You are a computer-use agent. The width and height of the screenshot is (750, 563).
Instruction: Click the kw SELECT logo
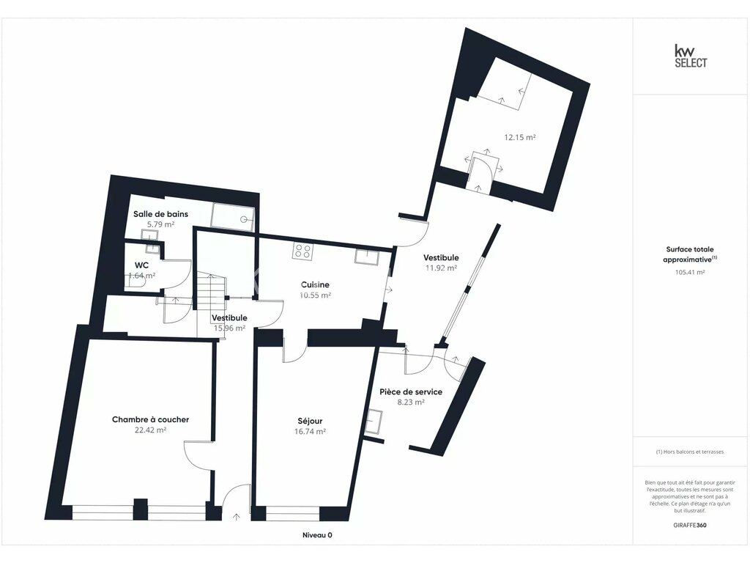tap(690, 56)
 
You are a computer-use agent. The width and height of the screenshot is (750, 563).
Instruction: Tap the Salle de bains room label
tap(160, 214)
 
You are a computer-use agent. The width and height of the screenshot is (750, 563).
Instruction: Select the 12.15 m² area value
tap(520, 137)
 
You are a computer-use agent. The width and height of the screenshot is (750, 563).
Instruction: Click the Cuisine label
tap(315, 284)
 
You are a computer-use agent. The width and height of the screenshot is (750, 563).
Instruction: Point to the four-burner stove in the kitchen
tap(302, 251)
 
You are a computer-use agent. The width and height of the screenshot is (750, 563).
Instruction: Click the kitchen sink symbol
tap(366, 257)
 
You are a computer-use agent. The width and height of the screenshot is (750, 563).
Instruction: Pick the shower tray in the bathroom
tap(233, 217)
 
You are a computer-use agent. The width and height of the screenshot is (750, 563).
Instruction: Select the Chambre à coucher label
tap(151, 419)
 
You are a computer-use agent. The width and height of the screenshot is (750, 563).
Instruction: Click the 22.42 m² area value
tap(151, 430)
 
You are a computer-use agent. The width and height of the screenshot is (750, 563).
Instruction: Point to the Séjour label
tap(310, 422)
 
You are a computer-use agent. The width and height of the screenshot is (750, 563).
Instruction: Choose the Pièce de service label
tap(411, 391)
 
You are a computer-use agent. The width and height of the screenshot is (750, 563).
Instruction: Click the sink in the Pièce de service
tap(374, 422)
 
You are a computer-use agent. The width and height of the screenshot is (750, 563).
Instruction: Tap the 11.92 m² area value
tap(441, 268)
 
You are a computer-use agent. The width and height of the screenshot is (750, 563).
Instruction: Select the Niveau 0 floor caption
tap(318, 535)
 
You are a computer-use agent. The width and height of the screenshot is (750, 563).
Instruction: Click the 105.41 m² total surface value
tap(690, 273)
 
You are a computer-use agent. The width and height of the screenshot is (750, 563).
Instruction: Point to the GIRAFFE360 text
tap(690, 525)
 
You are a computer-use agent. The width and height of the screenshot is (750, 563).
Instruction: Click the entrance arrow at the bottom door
tap(237, 517)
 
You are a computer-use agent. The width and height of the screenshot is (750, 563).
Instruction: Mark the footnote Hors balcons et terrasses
tap(690, 452)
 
